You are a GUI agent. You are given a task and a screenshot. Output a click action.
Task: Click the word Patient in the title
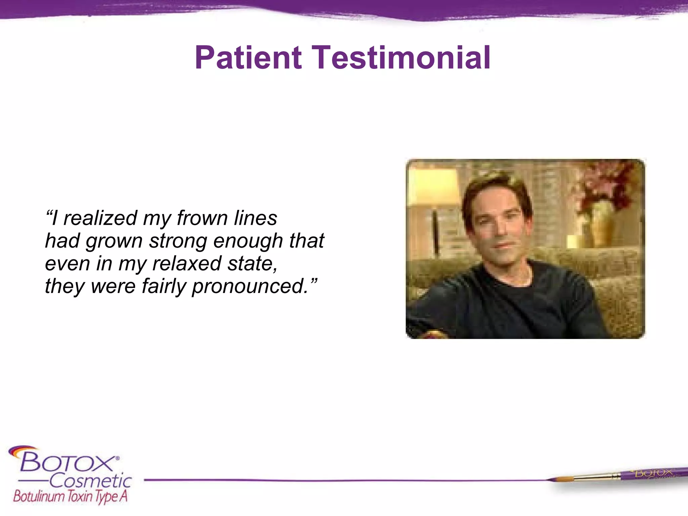point(248,58)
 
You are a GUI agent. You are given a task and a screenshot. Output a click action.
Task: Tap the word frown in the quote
point(202,218)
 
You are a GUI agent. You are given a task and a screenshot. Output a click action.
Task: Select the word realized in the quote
point(100,218)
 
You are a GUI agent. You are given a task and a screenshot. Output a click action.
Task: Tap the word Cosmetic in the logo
point(91,481)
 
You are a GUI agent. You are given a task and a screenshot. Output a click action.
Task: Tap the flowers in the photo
point(608,183)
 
